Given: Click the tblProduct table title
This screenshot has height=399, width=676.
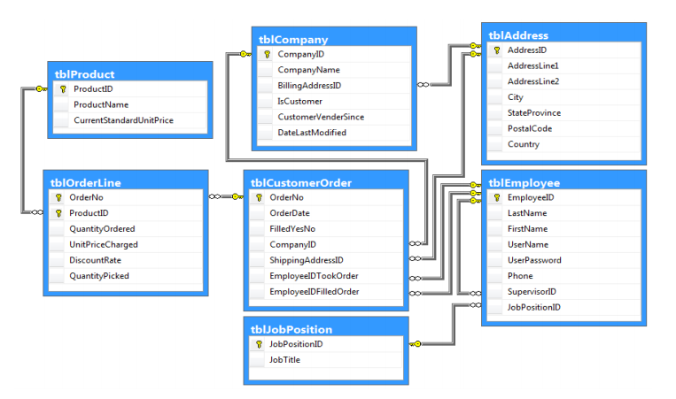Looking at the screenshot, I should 83,73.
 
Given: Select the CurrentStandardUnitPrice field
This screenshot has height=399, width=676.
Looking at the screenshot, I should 123,120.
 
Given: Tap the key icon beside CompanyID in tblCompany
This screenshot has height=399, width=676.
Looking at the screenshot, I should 266,54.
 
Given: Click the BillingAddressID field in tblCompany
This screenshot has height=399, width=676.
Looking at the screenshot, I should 309,86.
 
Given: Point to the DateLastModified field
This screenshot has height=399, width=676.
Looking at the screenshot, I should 312,133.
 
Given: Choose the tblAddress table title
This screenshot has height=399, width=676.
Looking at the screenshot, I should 518,35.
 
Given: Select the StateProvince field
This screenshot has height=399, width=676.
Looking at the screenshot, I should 535,113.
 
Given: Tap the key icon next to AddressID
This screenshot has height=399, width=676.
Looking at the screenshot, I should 497,50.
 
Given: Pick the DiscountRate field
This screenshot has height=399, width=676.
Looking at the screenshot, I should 97,260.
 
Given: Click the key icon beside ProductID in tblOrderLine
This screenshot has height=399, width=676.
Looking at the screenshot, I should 58,213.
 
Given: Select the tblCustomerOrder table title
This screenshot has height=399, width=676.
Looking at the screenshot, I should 301,183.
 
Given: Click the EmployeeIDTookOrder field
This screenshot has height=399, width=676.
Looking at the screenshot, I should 315,276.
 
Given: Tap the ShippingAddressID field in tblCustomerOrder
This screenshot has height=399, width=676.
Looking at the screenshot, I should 306,260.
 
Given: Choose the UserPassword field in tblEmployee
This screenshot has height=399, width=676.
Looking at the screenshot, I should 534,260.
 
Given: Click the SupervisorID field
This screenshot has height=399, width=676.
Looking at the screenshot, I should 532,292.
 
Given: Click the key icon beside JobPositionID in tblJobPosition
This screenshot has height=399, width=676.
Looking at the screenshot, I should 259,344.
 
